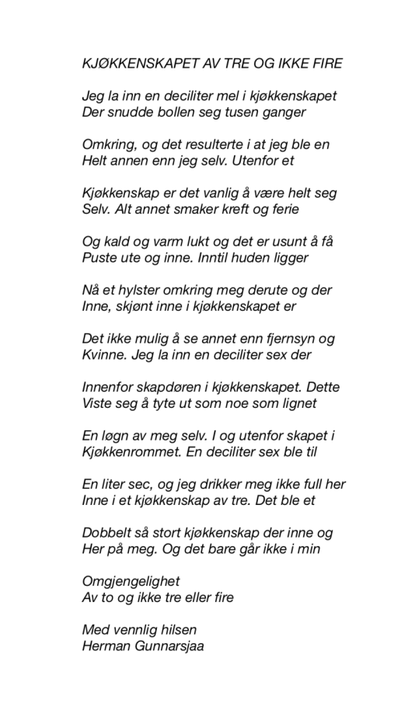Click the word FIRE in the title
326,63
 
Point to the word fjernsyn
285,339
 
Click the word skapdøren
169,387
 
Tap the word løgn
116,435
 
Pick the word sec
145,483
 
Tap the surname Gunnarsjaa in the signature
166,644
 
